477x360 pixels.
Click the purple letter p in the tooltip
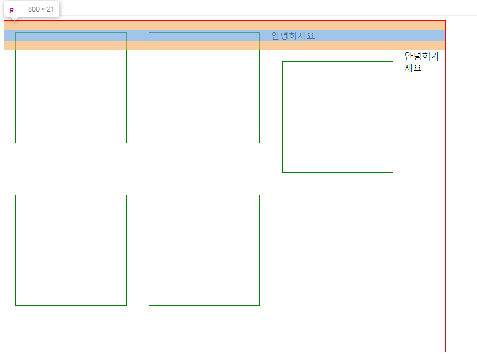[x=11, y=9]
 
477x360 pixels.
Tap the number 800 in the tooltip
[x=34, y=9]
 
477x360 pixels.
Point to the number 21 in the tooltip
[x=50, y=9]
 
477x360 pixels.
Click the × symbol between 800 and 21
[x=43, y=9]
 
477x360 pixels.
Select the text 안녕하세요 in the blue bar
[x=292, y=36]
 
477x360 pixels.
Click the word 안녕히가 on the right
[x=421, y=56]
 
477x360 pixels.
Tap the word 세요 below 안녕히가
[x=413, y=68]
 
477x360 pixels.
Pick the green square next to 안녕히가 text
[x=338, y=117]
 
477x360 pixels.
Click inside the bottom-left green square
[x=71, y=250]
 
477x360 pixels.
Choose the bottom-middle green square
[x=204, y=250]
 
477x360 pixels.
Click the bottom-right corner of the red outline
[x=445, y=351]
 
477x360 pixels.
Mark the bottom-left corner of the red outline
[x=4, y=351]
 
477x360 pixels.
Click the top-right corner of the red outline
[x=445, y=21]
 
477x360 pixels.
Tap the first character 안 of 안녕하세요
[x=275, y=36]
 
